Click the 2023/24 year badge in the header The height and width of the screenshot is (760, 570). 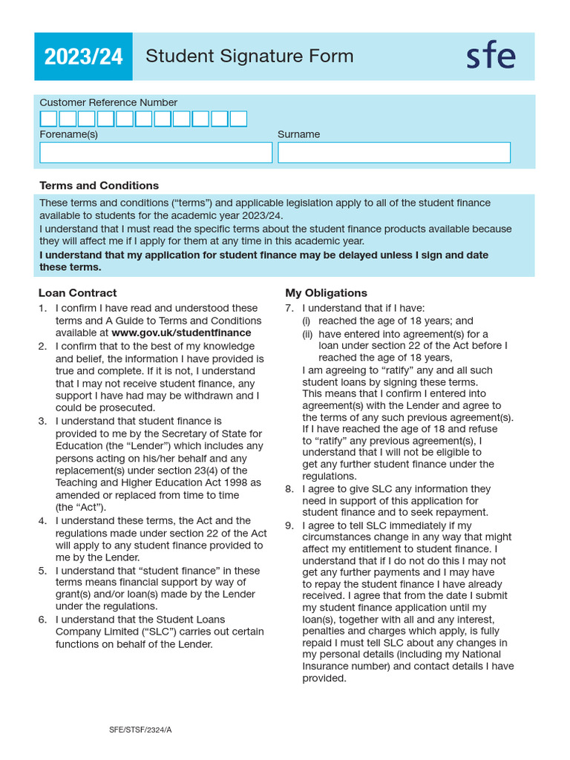(x=83, y=57)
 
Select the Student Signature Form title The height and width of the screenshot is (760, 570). (x=249, y=56)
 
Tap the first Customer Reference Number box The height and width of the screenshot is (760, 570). (x=48, y=119)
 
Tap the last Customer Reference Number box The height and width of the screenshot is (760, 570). (x=238, y=119)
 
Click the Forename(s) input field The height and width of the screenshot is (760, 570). (x=156, y=152)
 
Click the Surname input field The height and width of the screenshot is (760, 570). (x=394, y=152)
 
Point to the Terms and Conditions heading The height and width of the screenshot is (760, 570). (x=99, y=186)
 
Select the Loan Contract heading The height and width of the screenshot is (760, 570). (x=77, y=293)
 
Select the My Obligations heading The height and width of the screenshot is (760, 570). (x=326, y=293)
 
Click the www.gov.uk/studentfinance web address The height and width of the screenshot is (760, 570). (x=181, y=332)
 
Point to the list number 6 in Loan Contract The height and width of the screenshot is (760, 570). (x=43, y=620)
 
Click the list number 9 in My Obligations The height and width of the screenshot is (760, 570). (x=289, y=525)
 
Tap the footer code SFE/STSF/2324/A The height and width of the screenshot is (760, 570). (x=140, y=730)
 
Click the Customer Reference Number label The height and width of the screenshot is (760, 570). (x=108, y=102)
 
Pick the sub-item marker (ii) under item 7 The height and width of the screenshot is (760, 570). (x=307, y=334)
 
